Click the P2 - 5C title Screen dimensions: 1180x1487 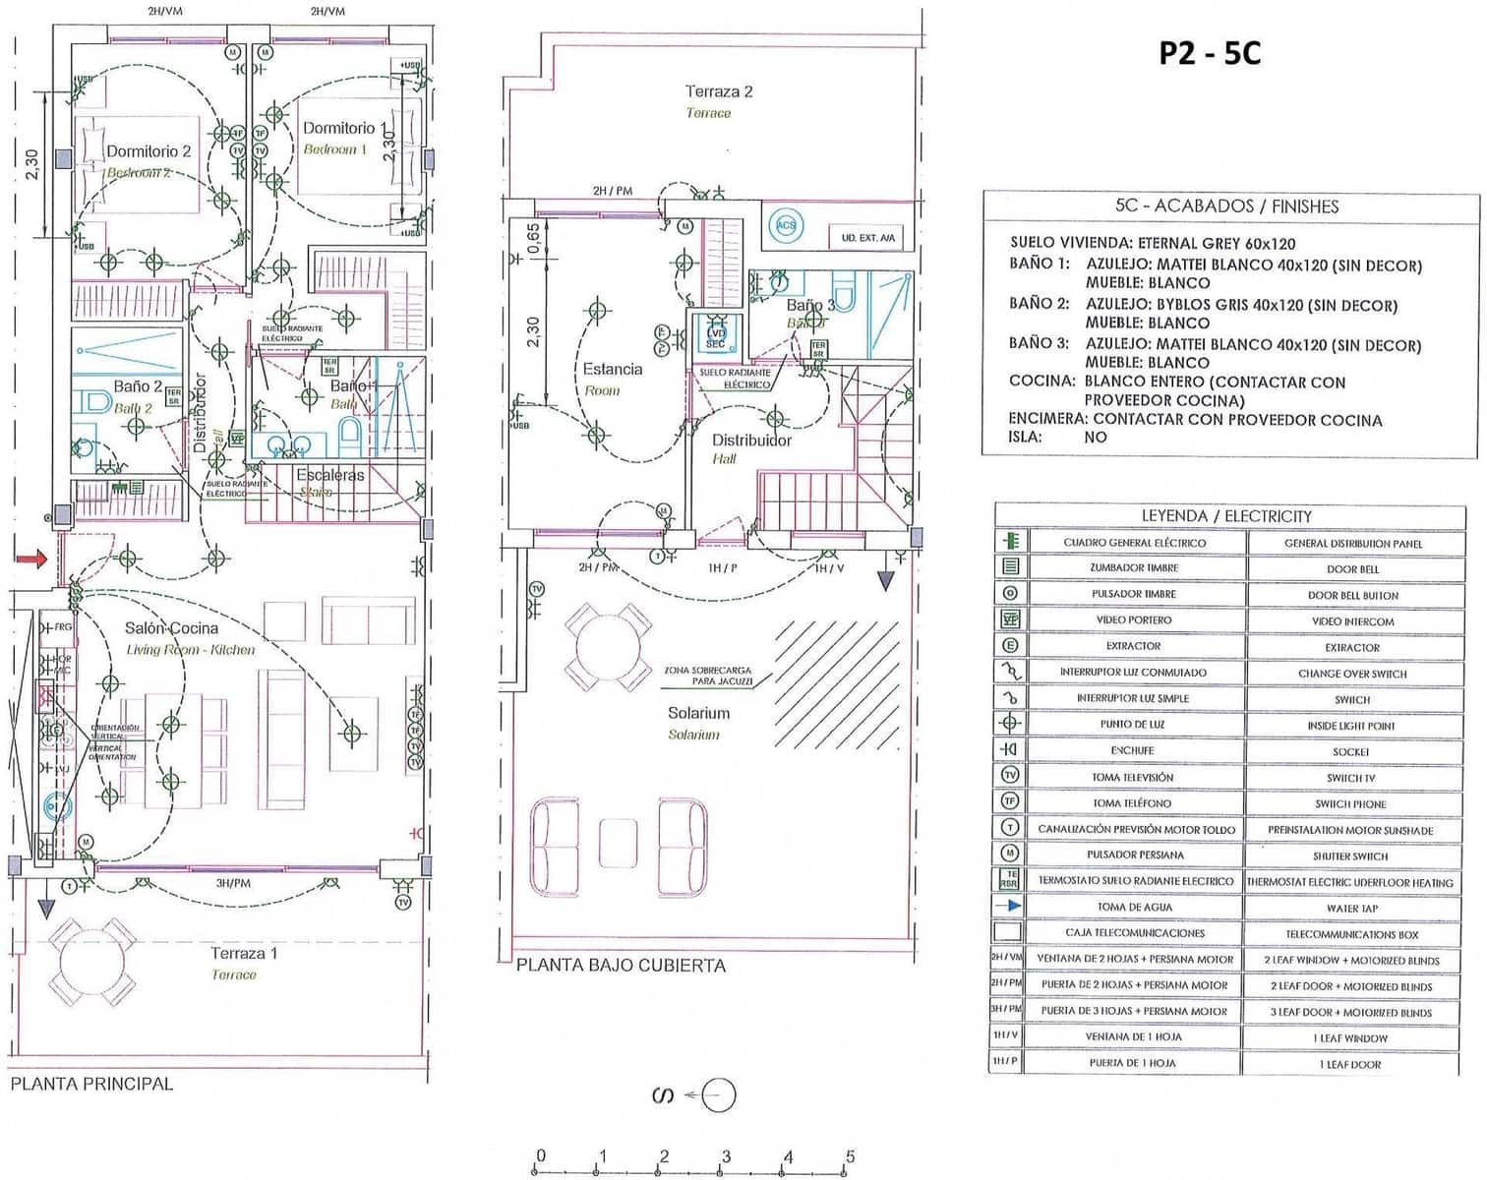pyautogui.click(x=1209, y=52)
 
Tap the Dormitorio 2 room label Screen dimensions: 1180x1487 pyautogui.click(x=149, y=150)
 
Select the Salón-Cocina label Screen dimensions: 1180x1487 pyautogui.click(x=171, y=627)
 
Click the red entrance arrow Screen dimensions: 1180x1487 pyautogui.click(x=30, y=559)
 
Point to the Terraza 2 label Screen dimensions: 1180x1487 pyautogui.click(x=719, y=91)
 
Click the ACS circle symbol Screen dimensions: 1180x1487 pyautogui.click(x=786, y=225)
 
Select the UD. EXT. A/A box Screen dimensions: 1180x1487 pyautogui.click(x=867, y=237)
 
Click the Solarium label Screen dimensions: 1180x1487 pyautogui.click(x=698, y=713)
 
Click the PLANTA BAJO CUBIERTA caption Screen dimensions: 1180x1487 pyautogui.click(x=621, y=965)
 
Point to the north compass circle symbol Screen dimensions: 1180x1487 pyautogui.click(x=719, y=1094)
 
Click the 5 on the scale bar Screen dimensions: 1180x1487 pyautogui.click(x=850, y=1156)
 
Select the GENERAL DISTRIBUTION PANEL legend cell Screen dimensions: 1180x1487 pyautogui.click(x=1352, y=543)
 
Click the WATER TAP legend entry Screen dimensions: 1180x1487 pyautogui.click(x=1351, y=908)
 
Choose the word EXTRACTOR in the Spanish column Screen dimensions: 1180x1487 pyautogui.click(x=1133, y=646)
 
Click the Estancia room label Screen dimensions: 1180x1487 pyautogui.click(x=612, y=369)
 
